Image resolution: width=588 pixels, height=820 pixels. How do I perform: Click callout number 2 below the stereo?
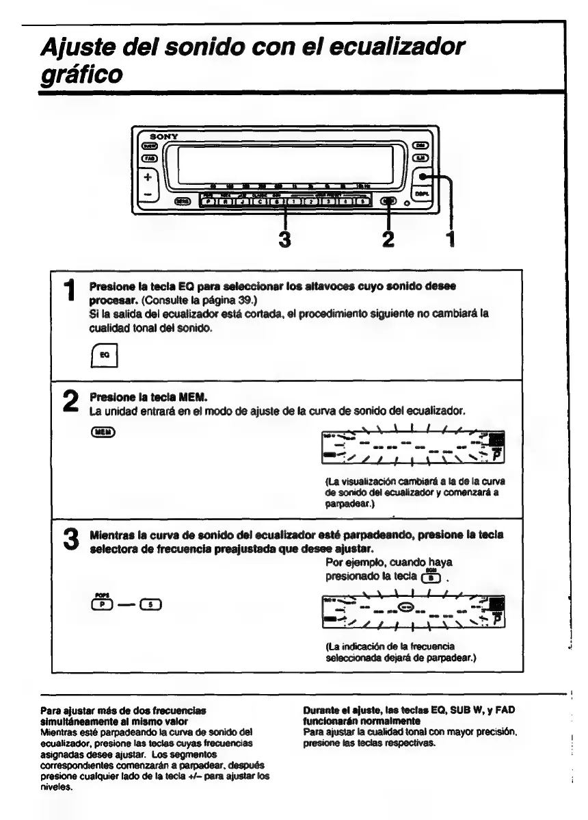coord(389,242)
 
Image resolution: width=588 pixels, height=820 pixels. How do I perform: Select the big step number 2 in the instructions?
coord(70,408)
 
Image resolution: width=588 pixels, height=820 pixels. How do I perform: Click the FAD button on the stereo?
coord(149,159)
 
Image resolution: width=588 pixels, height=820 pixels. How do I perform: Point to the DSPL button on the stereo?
coord(424,194)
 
